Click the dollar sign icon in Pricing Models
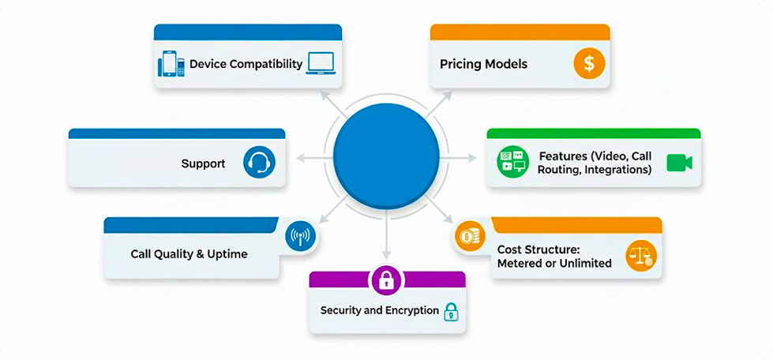[x=589, y=63]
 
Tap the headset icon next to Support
[x=259, y=163]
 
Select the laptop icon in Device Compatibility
[x=321, y=64]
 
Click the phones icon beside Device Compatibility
[x=171, y=64]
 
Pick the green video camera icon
[x=679, y=163]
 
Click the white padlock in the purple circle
[x=386, y=280]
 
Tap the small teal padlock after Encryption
[x=451, y=311]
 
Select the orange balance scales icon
[x=640, y=256]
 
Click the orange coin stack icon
[x=469, y=236]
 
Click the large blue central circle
[x=386, y=154]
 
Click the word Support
[x=203, y=163]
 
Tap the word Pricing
[x=460, y=64]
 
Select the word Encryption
[x=412, y=310]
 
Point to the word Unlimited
[x=586, y=263]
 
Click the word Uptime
[x=228, y=254]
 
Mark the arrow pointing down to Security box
[x=386, y=241]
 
